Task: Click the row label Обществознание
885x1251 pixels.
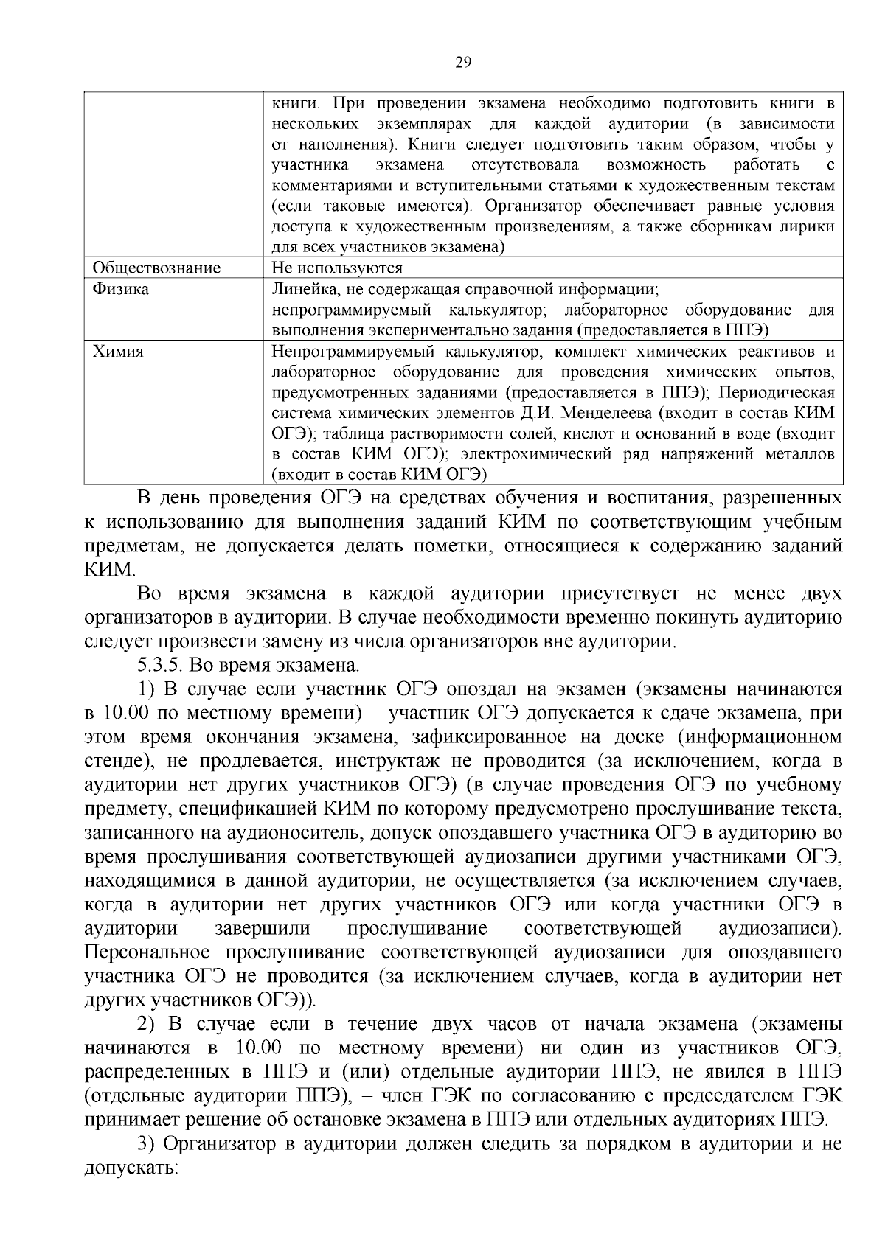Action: pos(156,268)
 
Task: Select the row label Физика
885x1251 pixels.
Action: pos(120,289)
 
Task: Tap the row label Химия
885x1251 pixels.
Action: pos(118,352)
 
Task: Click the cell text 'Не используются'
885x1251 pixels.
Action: pos(337,268)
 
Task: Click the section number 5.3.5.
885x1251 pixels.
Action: pos(160,666)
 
